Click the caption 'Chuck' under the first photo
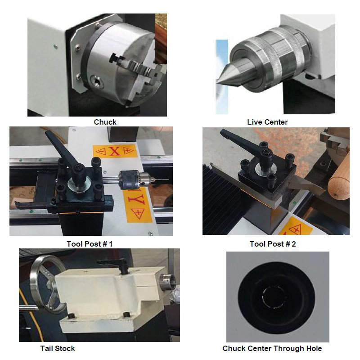(x=105, y=122)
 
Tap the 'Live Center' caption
(x=267, y=122)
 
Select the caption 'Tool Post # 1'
(x=90, y=244)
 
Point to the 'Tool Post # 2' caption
(x=273, y=244)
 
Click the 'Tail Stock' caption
(x=58, y=348)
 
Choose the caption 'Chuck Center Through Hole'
(x=272, y=348)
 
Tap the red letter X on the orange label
(x=115, y=151)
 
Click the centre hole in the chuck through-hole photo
(x=274, y=297)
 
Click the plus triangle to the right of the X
(x=128, y=150)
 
